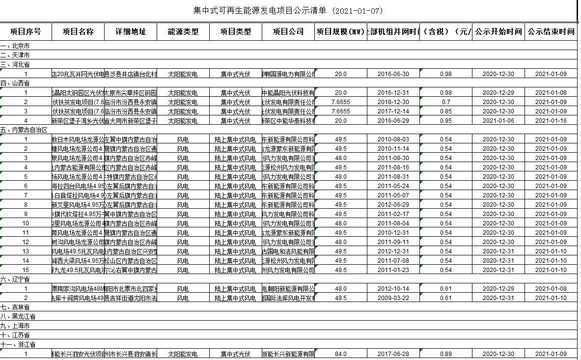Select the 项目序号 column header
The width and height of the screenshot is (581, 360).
click(26, 32)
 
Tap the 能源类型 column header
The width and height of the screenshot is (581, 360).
click(183, 32)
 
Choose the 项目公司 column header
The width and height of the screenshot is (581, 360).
click(288, 32)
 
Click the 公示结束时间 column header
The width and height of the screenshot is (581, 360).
click(551, 32)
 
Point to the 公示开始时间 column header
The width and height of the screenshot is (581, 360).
click(498, 32)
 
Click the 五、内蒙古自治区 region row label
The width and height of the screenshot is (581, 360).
click(24, 130)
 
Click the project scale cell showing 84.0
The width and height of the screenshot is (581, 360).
click(340, 354)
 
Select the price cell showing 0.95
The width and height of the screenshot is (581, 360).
click(445, 121)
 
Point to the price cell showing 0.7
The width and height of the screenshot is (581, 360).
click(445, 102)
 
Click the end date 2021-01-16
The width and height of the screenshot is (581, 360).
click(551, 121)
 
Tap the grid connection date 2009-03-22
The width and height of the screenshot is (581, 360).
click(393, 298)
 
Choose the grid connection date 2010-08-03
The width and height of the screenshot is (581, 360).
click(393, 139)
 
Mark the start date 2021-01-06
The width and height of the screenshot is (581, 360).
click(498, 121)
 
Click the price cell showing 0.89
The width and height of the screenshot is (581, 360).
click(445, 354)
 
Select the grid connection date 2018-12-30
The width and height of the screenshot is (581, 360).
click(393, 102)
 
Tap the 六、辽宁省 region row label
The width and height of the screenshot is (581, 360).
click(15, 279)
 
